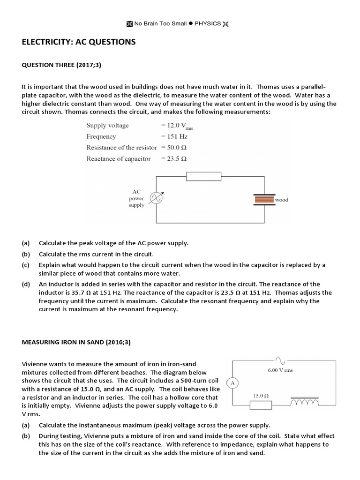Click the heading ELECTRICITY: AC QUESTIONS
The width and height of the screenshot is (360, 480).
79,42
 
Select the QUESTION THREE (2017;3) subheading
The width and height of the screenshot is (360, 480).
61,65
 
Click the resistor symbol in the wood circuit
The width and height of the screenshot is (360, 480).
203,176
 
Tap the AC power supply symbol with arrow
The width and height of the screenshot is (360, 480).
156,199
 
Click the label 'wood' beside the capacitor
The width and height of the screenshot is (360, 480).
282,200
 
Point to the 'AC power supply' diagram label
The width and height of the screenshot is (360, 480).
136,199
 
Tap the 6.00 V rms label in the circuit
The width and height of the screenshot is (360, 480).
280,370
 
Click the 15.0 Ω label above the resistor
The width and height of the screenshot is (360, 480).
260,395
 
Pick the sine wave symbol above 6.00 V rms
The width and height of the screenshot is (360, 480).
280,360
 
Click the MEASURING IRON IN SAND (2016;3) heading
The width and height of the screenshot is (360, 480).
76,342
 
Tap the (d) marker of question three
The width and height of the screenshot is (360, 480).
25,284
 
